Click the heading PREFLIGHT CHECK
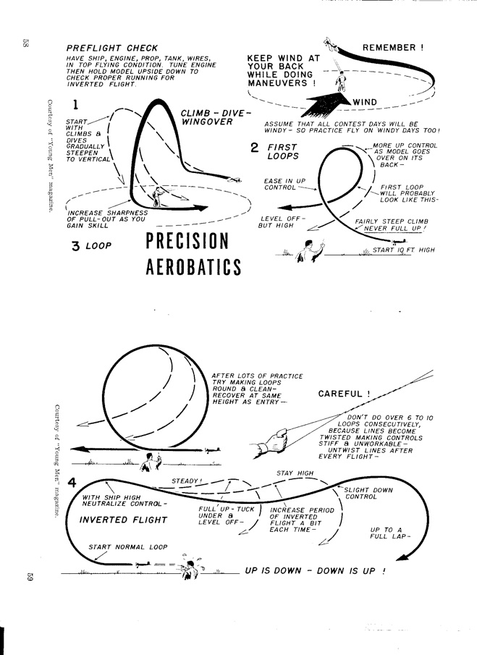pyautogui.click(x=111, y=48)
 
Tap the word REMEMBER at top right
pyautogui.click(x=393, y=48)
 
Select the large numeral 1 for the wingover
pyautogui.click(x=75, y=106)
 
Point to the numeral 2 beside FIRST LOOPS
pyautogui.click(x=254, y=148)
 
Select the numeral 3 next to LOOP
pyautogui.click(x=75, y=246)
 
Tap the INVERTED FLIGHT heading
pyautogui.click(x=122, y=520)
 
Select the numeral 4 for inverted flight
pyautogui.click(x=72, y=483)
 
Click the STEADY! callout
pyautogui.click(x=187, y=481)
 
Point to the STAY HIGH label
pyautogui.click(x=295, y=473)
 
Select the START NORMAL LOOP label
pyautogui.click(x=127, y=546)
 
